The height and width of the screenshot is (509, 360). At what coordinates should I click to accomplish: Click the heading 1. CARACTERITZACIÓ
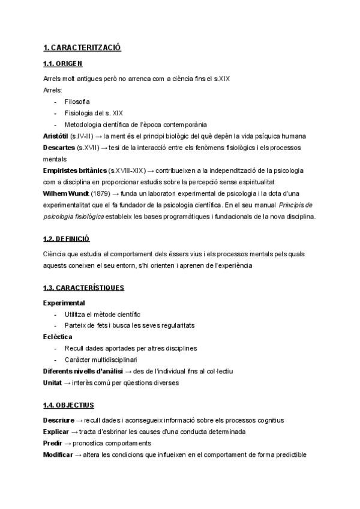tap(82, 47)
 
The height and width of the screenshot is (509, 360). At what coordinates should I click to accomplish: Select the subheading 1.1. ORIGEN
tap(63, 64)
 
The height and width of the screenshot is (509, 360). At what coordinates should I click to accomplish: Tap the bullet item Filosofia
tap(77, 101)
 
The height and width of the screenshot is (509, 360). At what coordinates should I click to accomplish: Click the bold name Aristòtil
tap(56, 136)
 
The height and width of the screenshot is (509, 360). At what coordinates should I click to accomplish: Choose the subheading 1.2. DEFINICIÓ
tap(67, 238)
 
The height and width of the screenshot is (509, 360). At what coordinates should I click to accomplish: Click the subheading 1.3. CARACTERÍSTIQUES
tap(84, 288)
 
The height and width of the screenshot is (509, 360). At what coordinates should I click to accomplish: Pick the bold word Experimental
tap(64, 303)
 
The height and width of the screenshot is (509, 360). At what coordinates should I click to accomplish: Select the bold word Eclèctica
tap(58, 337)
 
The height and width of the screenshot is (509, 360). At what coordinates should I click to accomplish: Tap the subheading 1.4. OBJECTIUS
tap(68, 405)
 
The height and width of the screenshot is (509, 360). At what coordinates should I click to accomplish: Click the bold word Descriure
tap(59, 420)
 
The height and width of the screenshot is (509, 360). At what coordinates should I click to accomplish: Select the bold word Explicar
tap(56, 432)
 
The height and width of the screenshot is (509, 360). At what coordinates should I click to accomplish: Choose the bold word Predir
tap(52, 443)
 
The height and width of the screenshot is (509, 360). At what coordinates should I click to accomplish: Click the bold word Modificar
tap(58, 454)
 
